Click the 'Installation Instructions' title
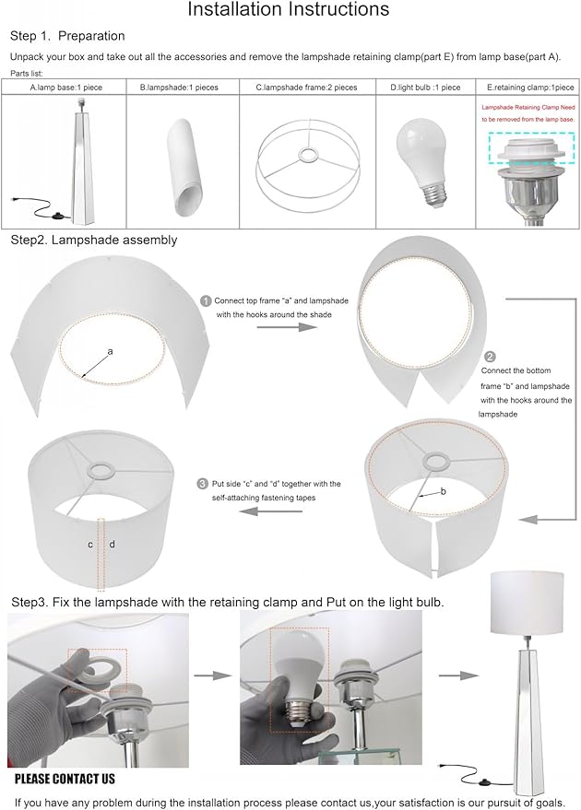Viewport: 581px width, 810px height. [x=288, y=9]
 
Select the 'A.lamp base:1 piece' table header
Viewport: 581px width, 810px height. [x=66, y=88]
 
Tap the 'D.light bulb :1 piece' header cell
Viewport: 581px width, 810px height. [x=425, y=88]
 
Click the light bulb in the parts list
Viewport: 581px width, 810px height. [x=422, y=166]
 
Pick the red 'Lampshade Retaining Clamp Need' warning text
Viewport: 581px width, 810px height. [x=528, y=108]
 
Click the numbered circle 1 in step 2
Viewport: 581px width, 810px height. [x=206, y=301]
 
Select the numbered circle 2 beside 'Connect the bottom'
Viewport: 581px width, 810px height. [x=490, y=357]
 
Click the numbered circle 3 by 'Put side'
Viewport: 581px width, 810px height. [x=203, y=484]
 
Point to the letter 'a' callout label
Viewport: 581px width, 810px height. [x=110, y=352]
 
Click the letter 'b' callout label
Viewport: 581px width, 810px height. [x=443, y=491]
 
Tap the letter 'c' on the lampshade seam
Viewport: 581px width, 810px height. [x=90, y=545]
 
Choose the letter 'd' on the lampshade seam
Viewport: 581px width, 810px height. [x=112, y=544]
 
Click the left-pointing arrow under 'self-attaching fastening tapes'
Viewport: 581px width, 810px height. [x=270, y=511]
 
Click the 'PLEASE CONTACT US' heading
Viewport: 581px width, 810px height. [x=65, y=779]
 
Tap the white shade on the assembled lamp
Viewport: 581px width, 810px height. [x=527, y=602]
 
